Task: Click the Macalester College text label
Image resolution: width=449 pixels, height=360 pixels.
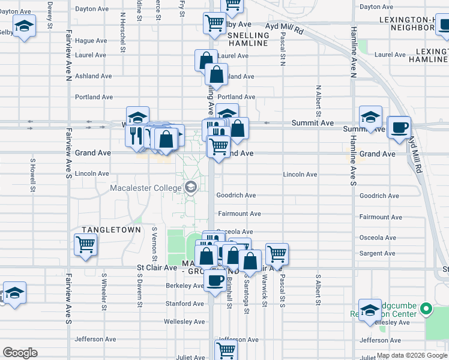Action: (145, 189)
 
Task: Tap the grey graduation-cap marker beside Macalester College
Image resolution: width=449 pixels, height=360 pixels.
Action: (191, 188)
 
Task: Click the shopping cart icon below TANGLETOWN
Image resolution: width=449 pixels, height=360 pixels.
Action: (86, 244)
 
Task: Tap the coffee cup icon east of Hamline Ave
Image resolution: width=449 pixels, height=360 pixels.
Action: (399, 127)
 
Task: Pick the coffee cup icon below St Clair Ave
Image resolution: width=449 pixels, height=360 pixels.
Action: (215, 280)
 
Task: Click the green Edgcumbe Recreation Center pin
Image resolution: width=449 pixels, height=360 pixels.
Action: (426, 309)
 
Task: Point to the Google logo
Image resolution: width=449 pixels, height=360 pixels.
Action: (20, 353)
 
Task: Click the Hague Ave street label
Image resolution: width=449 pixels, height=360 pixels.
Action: (91, 41)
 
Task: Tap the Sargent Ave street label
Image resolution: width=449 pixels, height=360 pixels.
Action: (377, 254)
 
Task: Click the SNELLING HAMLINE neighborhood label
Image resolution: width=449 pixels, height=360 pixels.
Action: (249, 40)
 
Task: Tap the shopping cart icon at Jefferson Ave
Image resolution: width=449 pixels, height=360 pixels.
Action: (225, 349)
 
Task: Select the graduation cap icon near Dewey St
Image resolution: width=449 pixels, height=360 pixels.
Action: (24, 28)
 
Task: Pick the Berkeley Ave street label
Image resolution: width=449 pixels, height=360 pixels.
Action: (185, 286)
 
